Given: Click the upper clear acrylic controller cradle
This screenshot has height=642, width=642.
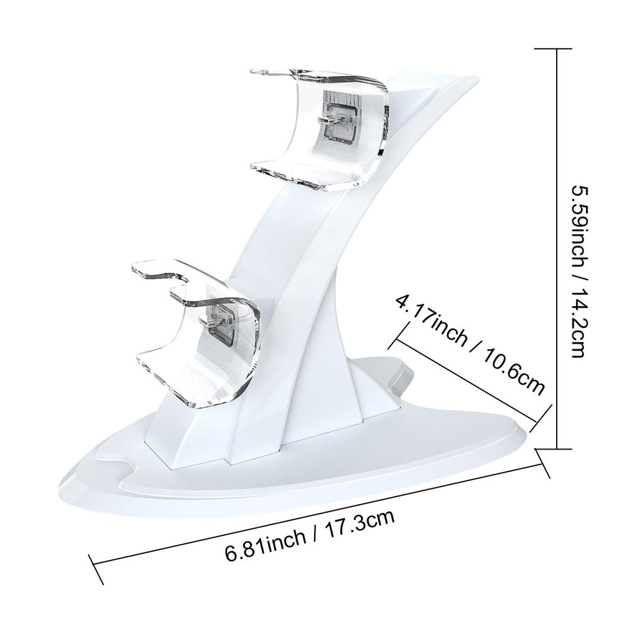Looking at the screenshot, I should [320, 129].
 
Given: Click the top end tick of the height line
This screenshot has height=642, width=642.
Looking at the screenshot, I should [557, 48].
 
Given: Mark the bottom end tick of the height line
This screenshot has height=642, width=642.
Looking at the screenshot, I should [557, 448].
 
